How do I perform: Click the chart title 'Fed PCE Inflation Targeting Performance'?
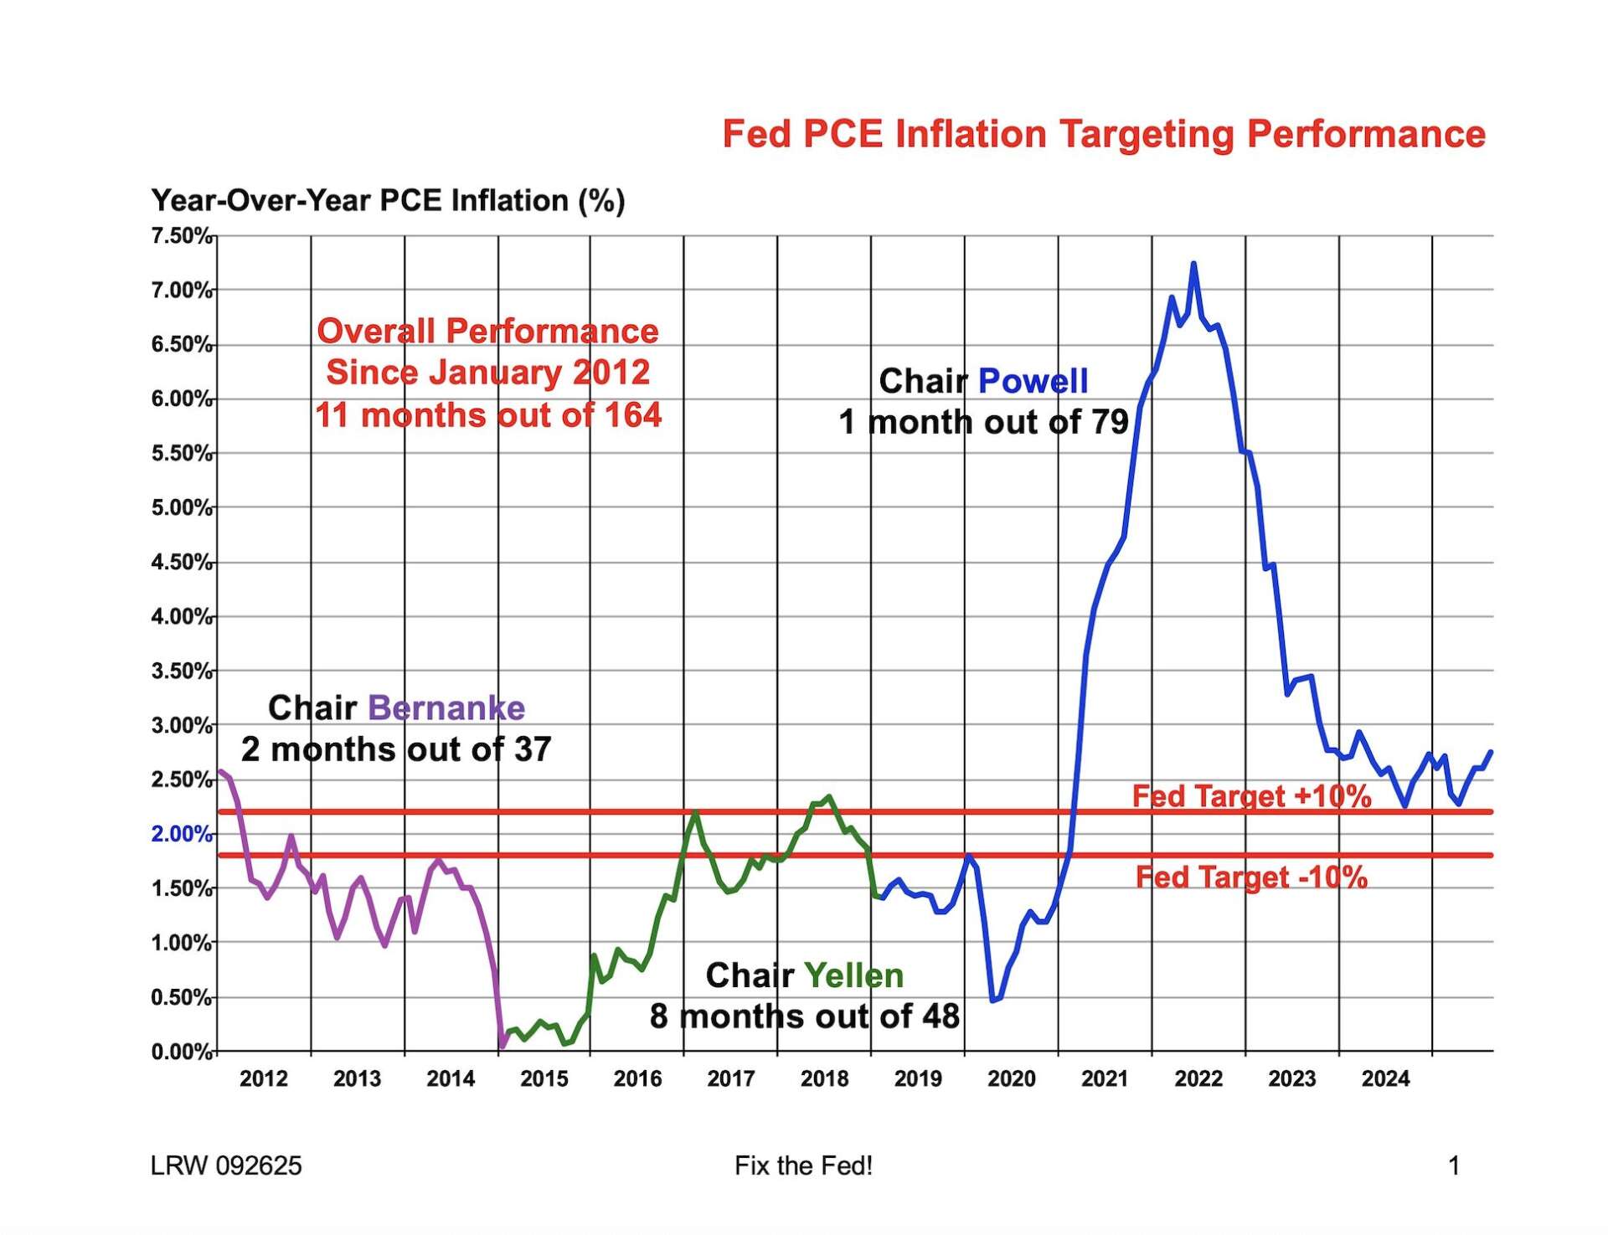click(1103, 134)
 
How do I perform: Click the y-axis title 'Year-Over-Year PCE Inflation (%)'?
click(388, 201)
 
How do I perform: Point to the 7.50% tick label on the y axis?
click(181, 236)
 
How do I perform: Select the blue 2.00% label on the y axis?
click(181, 834)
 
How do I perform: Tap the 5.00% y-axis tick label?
click(181, 508)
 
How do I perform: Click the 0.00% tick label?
click(181, 1052)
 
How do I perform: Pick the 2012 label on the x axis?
click(264, 1078)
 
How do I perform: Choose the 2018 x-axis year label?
click(824, 1078)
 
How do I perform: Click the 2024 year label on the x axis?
click(1385, 1078)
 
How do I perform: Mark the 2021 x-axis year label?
click(1105, 1078)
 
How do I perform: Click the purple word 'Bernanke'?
click(446, 708)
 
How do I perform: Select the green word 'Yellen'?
click(853, 975)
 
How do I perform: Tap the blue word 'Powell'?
click(1033, 381)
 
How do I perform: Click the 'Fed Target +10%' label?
click(1251, 795)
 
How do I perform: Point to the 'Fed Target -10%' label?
click(1251, 877)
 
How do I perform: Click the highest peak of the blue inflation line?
click(1193, 265)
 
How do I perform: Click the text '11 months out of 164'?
click(488, 415)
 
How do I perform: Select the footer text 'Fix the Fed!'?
click(803, 1166)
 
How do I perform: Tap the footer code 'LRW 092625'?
click(226, 1166)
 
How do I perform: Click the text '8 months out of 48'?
click(804, 1016)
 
